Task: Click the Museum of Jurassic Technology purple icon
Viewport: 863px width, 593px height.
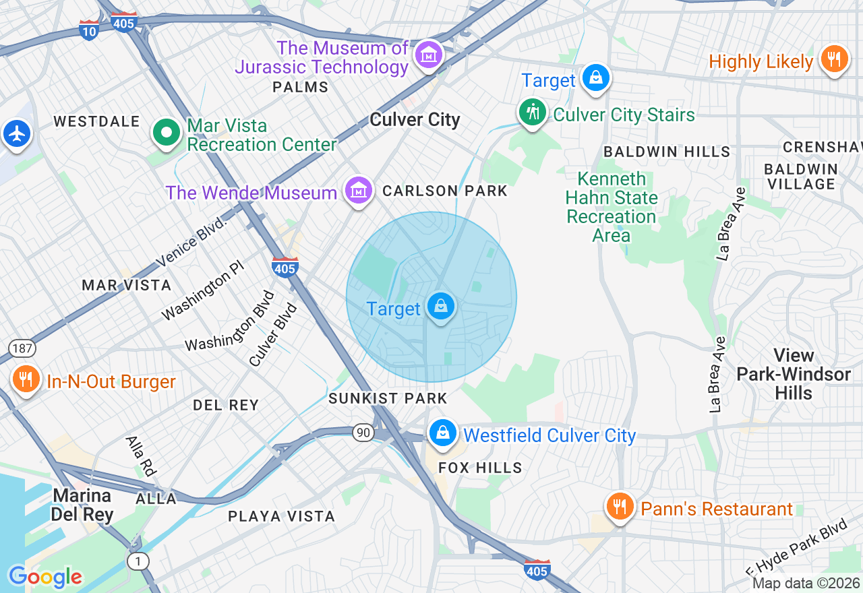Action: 429,55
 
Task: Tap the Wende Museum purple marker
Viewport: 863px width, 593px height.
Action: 359,191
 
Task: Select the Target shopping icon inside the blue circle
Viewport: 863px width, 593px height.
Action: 440,307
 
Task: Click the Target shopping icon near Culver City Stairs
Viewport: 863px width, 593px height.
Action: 596,77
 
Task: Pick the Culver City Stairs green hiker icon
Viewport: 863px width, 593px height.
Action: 533,113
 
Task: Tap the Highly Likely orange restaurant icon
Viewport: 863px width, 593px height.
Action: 834,59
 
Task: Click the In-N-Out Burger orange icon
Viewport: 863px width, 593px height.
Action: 26,379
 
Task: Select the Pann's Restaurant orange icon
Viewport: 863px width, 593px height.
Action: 619,507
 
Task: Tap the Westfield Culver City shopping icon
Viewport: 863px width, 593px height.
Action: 443,433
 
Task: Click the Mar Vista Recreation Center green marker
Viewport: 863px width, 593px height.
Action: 166,133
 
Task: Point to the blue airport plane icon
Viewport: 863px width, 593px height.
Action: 17,133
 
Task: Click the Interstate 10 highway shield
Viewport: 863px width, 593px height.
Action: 89,30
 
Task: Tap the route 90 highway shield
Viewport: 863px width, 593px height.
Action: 363,433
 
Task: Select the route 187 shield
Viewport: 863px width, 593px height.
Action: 22,348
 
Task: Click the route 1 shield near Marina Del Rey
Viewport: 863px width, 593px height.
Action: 138,561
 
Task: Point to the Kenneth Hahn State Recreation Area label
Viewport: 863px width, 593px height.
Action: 612,207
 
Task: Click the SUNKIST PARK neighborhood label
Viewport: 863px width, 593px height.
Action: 388,398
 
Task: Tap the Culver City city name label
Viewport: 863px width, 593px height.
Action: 415,120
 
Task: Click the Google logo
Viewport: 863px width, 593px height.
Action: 45,577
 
